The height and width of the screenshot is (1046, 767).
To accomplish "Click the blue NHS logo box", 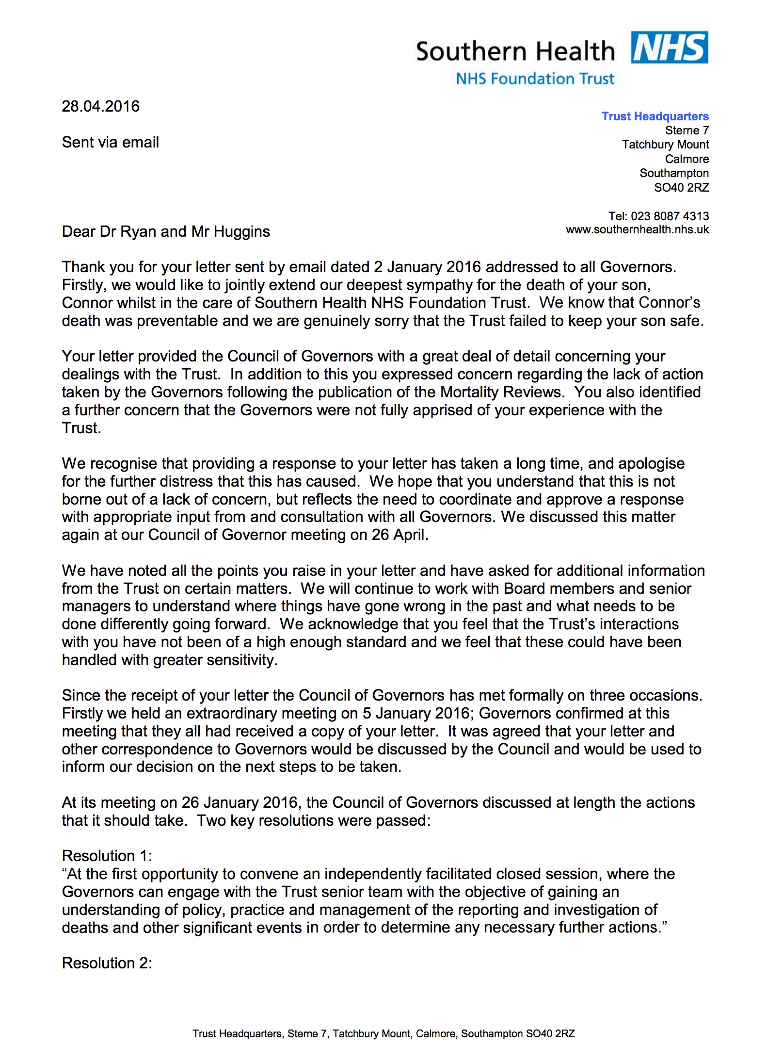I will click(669, 48).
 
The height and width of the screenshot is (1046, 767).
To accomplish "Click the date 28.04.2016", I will click(100, 106).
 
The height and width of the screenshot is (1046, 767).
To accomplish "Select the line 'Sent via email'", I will click(110, 142).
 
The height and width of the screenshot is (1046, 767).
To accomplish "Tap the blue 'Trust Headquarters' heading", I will click(655, 116).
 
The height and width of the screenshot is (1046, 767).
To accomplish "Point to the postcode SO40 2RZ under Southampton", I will click(681, 188).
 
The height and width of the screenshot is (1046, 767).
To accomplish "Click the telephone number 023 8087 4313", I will click(670, 216).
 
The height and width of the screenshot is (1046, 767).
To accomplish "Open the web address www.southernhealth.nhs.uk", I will click(637, 230).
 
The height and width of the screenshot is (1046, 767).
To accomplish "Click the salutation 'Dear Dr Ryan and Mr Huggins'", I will click(166, 231).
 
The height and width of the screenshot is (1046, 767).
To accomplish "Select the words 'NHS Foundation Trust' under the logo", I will click(535, 79).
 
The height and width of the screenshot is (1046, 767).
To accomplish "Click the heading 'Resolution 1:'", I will click(107, 855).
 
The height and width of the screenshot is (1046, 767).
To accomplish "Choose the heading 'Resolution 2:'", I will click(107, 963).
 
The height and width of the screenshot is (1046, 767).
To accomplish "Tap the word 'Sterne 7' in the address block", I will click(687, 131).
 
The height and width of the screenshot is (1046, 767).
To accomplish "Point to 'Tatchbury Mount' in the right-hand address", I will click(665, 145).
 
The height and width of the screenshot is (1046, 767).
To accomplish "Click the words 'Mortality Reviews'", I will click(501, 392).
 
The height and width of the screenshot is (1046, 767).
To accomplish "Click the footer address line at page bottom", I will click(383, 1033).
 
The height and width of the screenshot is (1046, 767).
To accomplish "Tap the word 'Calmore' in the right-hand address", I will click(687, 159).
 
